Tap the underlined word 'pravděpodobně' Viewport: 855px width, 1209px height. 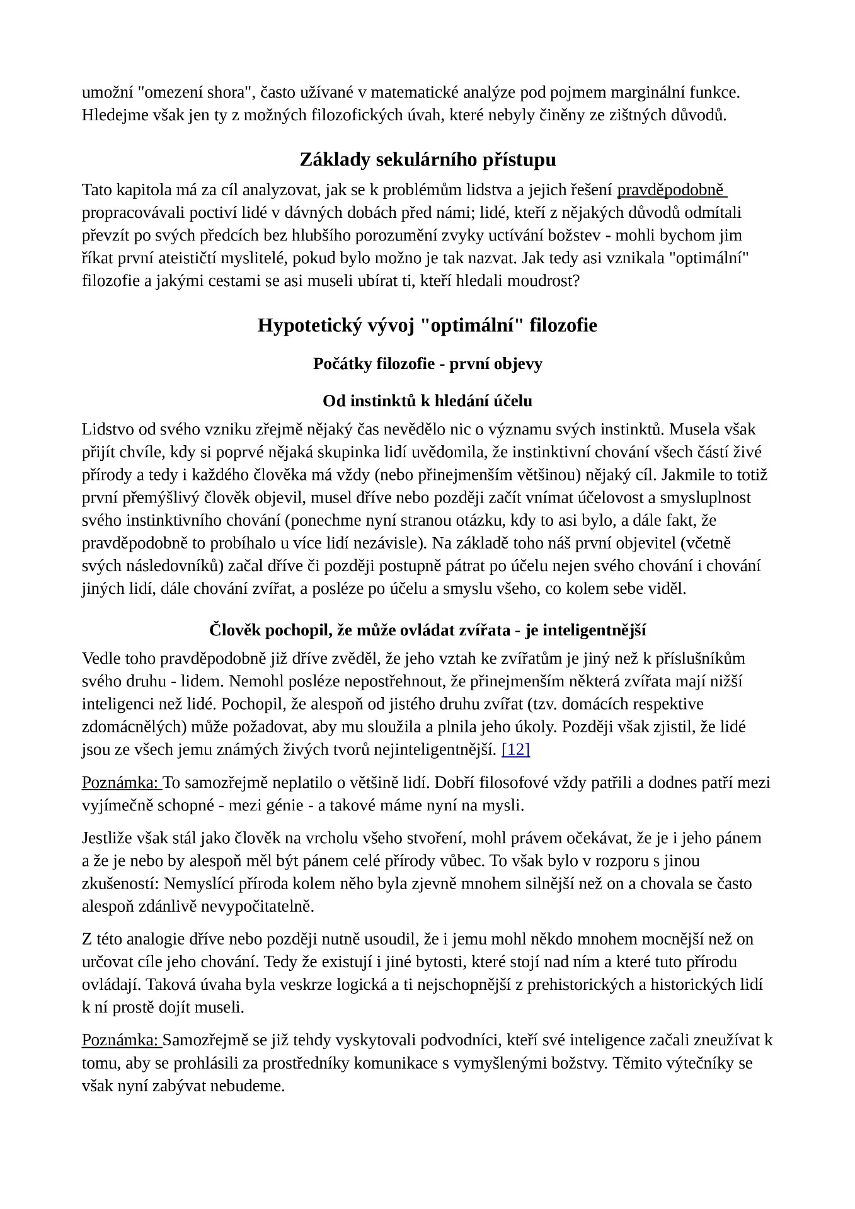(x=671, y=190)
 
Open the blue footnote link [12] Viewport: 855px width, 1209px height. (x=515, y=749)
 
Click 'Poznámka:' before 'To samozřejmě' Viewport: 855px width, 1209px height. (x=120, y=783)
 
